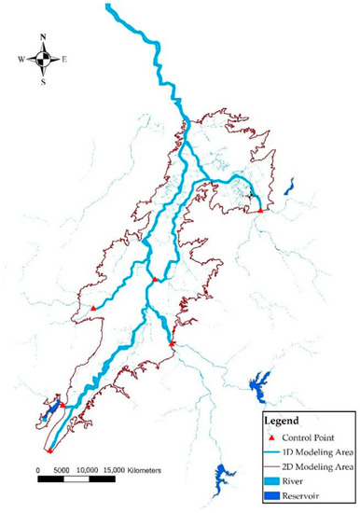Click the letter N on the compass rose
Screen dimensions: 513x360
[43, 38]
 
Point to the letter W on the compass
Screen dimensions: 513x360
[21, 60]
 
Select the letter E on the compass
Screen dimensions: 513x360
[64, 60]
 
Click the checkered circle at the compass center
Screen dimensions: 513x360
[43, 60]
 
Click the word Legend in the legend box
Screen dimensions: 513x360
[284, 422]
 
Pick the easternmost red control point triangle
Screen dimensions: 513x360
[261, 211]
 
